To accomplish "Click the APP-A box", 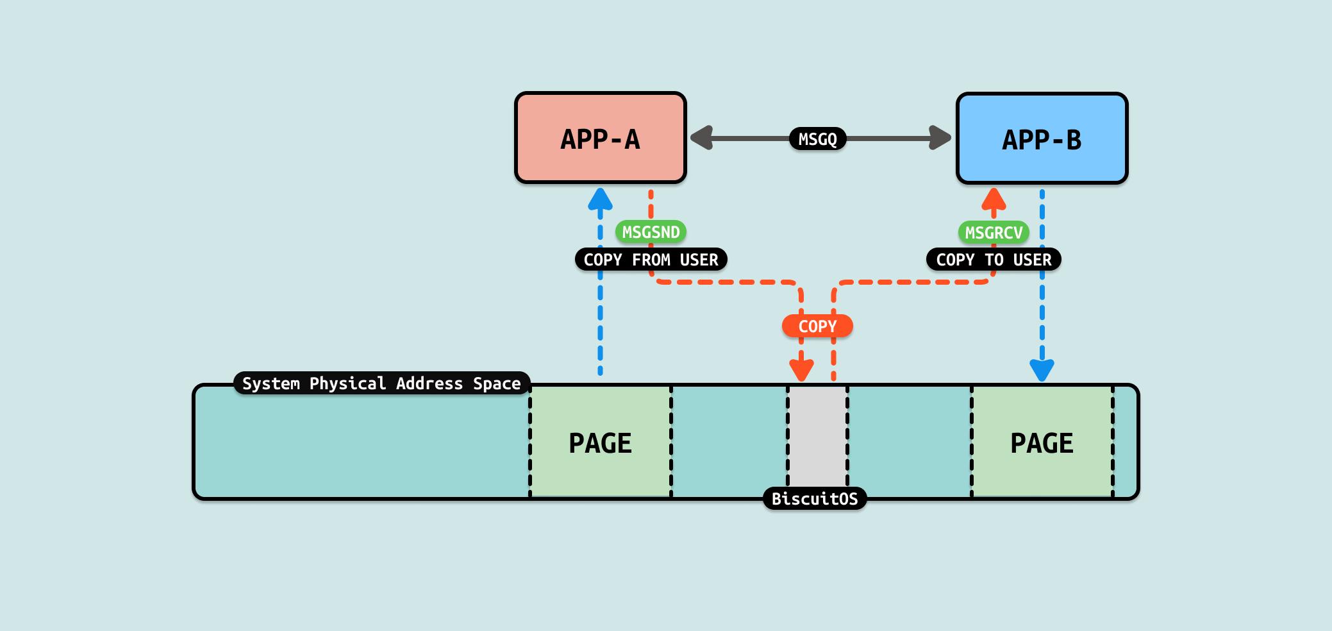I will click(x=600, y=139).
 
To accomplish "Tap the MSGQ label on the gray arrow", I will click(x=817, y=139).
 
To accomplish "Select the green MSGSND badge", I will click(x=651, y=232).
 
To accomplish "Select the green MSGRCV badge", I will click(x=994, y=232).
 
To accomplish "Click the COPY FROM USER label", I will click(x=651, y=260).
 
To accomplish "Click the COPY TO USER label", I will click(x=994, y=260).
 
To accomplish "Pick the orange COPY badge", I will click(x=817, y=326).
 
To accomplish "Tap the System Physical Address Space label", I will click(x=381, y=383).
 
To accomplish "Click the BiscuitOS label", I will click(x=814, y=498).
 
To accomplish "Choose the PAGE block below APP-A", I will click(x=600, y=442).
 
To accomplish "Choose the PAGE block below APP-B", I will click(x=1042, y=442).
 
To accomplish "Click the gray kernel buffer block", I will click(x=817, y=436).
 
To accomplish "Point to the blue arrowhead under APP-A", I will click(x=600, y=199).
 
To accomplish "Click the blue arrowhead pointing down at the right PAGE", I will click(x=1042, y=370).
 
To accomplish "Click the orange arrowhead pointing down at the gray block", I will click(x=801, y=370).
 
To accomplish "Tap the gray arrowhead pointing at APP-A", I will click(x=702, y=138).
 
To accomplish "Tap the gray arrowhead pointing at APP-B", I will click(x=940, y=138).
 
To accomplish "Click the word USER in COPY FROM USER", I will click(x=699, y=260).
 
